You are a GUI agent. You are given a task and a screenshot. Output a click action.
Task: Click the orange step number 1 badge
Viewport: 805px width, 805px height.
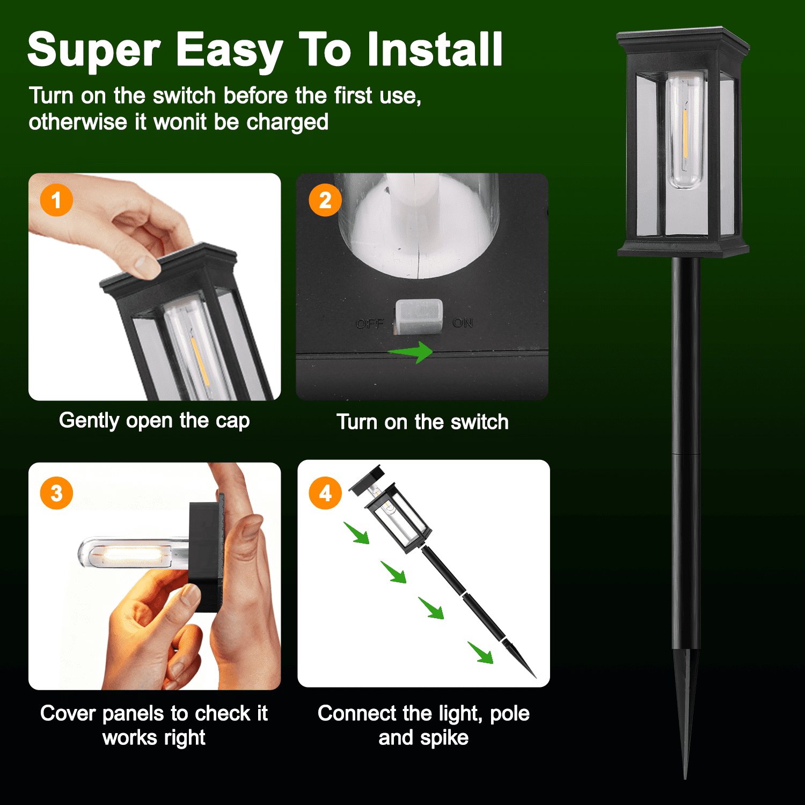56,200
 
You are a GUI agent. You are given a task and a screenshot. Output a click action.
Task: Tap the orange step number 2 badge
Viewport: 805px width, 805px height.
325,200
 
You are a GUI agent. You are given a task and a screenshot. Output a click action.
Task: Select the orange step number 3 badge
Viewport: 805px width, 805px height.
56,493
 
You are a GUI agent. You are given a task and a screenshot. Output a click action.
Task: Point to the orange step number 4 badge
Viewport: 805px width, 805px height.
325,493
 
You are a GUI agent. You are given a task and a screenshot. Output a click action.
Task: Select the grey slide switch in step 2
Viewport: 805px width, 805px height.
419,317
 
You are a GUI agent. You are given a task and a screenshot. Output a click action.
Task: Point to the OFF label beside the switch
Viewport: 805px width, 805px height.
370,324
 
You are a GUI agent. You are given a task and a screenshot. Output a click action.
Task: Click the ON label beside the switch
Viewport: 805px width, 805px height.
463,323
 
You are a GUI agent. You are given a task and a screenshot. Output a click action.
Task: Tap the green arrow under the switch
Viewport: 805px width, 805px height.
410,352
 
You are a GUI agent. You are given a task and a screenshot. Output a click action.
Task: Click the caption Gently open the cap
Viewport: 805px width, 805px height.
155,421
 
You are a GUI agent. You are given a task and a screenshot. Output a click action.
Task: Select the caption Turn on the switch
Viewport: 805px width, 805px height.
422,422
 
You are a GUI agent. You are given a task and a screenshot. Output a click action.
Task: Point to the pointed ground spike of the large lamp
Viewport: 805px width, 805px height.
686,714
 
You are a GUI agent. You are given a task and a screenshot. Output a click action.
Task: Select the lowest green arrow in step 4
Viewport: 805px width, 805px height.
481,653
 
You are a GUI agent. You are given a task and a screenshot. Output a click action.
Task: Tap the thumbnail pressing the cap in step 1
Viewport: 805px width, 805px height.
144,266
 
